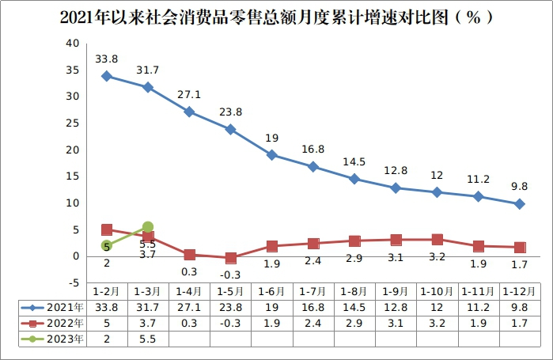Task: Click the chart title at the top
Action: [x=276, y=17]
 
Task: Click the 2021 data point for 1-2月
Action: [x=106, y=76]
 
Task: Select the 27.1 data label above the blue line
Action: [x=189, y=93]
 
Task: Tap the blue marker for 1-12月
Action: [x=520, y=204]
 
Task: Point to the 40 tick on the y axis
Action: [x=72, y=43]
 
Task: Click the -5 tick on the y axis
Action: [x=72, y=283]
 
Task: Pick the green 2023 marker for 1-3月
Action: [x=147, y=227]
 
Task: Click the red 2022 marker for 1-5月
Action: [x=230, y=258]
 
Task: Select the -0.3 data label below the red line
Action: [x=230, y=275]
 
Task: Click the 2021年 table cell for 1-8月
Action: [x=354, y=306]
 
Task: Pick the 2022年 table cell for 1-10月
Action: [x=437, y=323]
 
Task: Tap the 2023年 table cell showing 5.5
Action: [x=147, y=339]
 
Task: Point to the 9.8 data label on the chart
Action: [x=519, y=187]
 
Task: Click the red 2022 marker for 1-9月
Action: [x=396, y=240]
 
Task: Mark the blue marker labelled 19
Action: [x=271, y=155]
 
